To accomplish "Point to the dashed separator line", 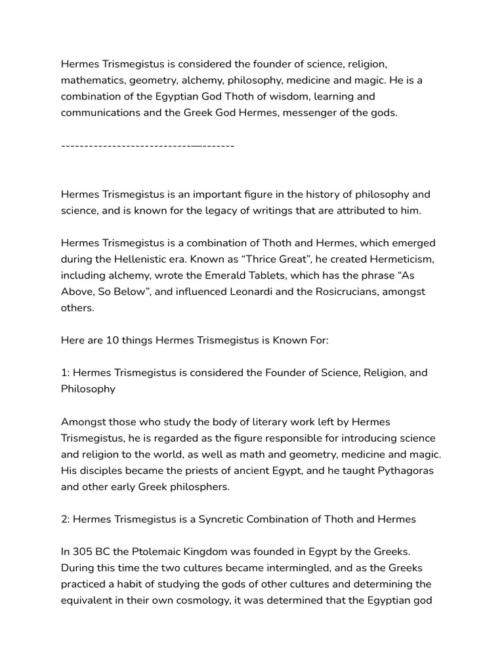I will [147, 145].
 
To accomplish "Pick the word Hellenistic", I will [169, 259].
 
